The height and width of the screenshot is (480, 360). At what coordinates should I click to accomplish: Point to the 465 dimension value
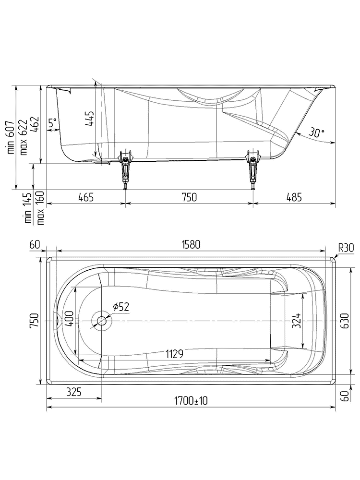[x=85, y=197]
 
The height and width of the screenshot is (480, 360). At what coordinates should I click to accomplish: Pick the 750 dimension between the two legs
[x=189, y=197]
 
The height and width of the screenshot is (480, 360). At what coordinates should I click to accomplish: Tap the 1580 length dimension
[x=191, y=244]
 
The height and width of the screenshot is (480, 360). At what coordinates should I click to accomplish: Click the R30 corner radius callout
[x=346, y=248]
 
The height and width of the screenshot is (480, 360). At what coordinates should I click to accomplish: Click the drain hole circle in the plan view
[x=102, y=321]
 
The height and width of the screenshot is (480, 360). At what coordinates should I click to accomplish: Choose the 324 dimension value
[x=296, y=321]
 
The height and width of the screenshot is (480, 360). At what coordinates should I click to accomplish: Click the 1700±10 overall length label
[x=191, y=401]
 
